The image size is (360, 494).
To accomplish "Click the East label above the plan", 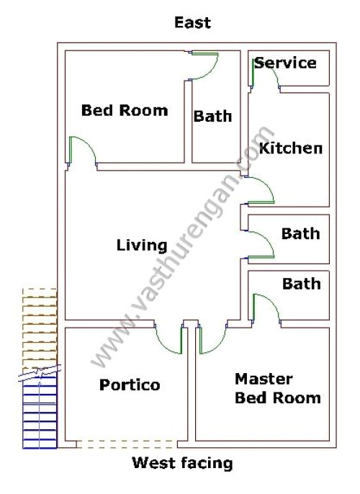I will click(192, 23).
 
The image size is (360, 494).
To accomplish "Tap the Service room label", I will click(285, 63).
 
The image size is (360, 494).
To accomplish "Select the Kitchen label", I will click(290, 148).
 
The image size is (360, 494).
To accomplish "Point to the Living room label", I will click(142, 246).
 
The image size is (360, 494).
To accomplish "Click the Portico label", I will click(130, 385).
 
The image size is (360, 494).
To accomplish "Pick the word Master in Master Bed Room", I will click(264, 379).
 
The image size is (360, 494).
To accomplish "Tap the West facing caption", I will click(182, 463).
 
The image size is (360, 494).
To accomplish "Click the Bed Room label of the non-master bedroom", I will click(124, 110).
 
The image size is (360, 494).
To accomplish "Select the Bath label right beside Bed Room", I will click(212, 115).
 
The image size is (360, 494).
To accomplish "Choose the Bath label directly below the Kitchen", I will click(300, 233).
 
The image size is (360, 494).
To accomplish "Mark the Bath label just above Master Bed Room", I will click(301, 284).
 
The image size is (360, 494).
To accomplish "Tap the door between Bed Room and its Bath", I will click(204, 66).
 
